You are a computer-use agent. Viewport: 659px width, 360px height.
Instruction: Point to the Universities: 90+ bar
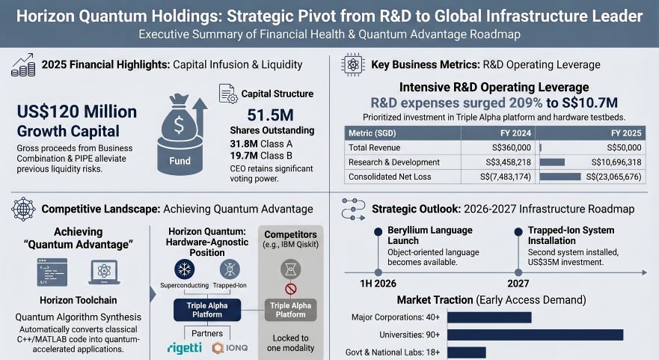pos(535,335)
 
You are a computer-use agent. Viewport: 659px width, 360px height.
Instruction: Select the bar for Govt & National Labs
pos(467,352)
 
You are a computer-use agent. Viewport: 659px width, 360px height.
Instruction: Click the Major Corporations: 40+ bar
pos(489,317)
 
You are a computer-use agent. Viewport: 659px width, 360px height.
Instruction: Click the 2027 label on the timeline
pos(518,284)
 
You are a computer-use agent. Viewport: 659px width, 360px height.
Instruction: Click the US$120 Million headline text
pos(77,112)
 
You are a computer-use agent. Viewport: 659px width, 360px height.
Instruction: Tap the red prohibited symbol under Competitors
pos(290,289)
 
